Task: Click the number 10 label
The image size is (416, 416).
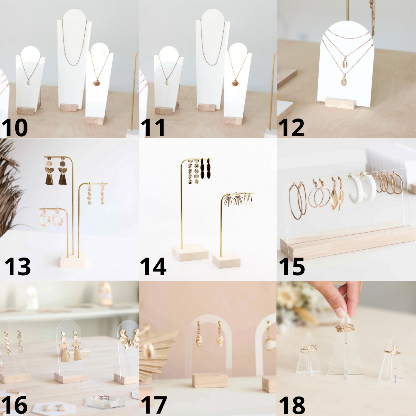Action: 15,128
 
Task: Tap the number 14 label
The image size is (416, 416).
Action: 153,267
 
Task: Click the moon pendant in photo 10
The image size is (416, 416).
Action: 29,83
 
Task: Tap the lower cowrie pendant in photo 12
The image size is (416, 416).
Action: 344,80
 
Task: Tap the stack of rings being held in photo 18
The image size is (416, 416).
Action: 345,328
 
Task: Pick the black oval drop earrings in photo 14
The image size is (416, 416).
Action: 206,168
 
